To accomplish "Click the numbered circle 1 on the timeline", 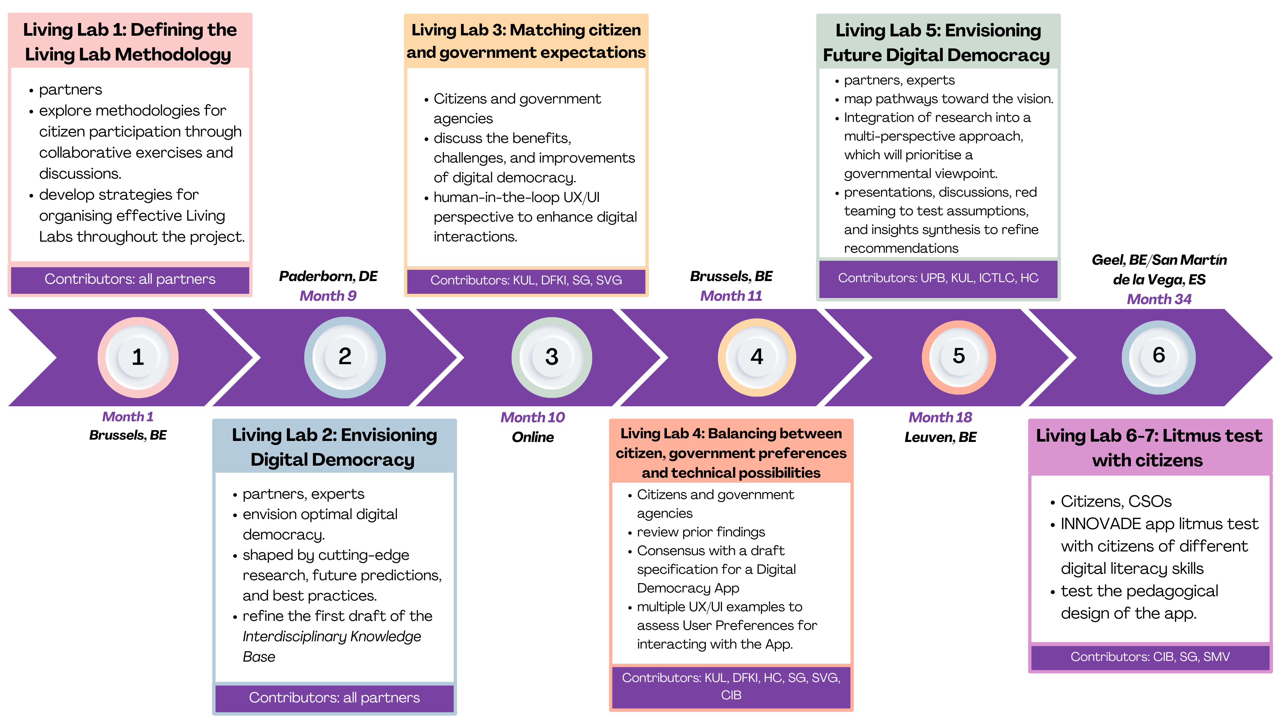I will click(x=138, y=357).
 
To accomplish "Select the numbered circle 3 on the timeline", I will click(x=551, y=357).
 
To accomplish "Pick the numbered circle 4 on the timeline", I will click(x=756, y=357).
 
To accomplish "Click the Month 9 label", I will click(x=328, y=296).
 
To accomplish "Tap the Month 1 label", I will click(x=128, y=417).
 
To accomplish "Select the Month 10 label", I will click(x=532, y=418).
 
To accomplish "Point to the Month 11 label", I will click(x=731, y=296).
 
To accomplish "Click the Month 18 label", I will click(x=940, y=418).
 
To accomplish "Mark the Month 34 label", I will click(x=1159, y=299).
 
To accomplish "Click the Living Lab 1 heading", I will click(x=129, y=42).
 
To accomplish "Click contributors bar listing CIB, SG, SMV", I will click(x=1150, y=657).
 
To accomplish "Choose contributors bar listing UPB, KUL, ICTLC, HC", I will click(x=938, y=278).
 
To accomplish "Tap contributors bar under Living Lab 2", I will click(x=334, y=698).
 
